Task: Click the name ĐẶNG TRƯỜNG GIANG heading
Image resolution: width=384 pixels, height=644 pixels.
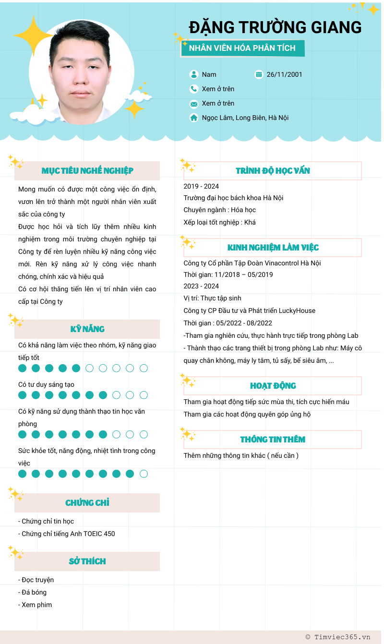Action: tap(275, 27)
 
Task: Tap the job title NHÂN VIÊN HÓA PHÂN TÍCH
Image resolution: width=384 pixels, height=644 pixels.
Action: tap(242, 48)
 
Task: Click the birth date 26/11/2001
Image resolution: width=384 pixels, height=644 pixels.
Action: tap(284, 74)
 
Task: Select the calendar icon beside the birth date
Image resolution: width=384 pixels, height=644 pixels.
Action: tap(259, 74)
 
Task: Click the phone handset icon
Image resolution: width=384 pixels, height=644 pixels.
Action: tap(194, 89)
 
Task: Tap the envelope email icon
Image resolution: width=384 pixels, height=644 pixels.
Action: tap(194, 104)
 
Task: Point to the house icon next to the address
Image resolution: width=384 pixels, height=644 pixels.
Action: tap(194, 118)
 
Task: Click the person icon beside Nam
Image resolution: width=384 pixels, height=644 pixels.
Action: tap(194, 74)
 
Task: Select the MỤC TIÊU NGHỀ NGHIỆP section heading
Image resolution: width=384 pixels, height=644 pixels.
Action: tap(87, 171)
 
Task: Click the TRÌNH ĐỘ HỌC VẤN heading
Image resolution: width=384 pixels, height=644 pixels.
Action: tap(273, 171)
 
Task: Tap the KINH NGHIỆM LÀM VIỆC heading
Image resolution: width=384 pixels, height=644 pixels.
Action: tap(273, 248)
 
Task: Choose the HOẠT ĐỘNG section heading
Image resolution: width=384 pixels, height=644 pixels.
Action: tap(273, 386)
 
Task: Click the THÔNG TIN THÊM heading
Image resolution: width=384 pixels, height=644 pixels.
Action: tap(273, 440)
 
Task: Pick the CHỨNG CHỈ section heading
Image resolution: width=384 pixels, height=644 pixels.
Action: tap(87, 503)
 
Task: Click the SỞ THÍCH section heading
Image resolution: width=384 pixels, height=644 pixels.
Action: tap(87, 561)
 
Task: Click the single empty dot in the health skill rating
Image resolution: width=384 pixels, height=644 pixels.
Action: tap(144, 474)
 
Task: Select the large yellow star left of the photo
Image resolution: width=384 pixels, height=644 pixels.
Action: tap(33, 35)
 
